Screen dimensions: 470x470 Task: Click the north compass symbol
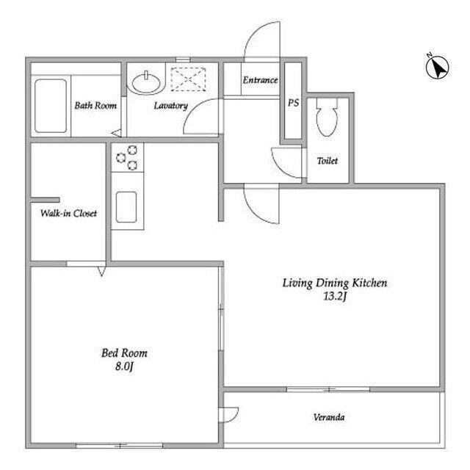click(437, 68)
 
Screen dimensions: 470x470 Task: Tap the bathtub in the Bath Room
click(51, 106)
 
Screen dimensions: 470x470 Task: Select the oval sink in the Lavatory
click(146, 83)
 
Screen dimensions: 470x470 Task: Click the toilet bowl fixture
click(327, 117)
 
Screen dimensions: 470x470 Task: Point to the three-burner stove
click(127, 157)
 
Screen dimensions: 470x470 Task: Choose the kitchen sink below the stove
click(126, 207)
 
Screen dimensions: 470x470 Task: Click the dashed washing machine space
click(188, 79)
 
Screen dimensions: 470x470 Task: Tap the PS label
click(293, 103)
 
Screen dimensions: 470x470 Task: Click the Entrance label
click(260, 80)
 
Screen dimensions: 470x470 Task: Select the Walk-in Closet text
click(68, 213)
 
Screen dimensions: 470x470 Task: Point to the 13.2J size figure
click(335, 297)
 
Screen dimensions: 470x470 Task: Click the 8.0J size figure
click(124, 366)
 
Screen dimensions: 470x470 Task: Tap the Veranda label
click(329, 417)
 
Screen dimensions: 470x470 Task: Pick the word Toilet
click(328, 161)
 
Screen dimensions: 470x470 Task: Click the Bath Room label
click(95, 106)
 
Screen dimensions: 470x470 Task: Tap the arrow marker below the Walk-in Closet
click(101, 271)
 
